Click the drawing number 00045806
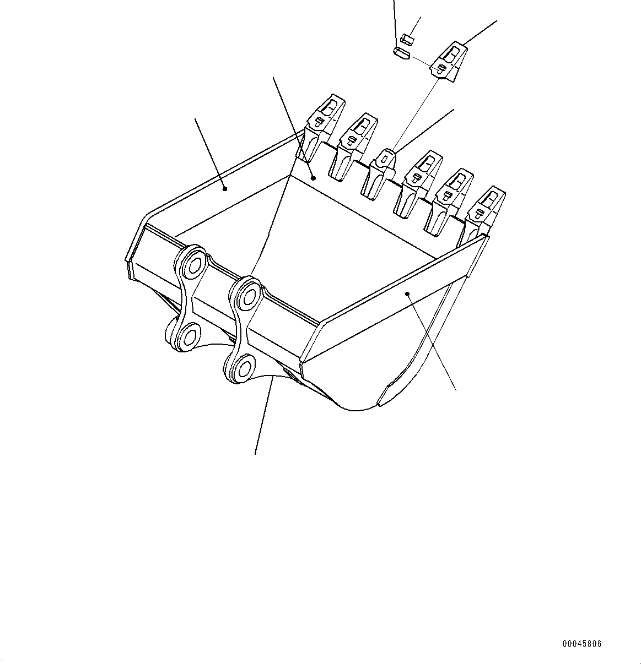(582, 644)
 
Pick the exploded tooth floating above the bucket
(450, 62)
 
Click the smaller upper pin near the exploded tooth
(407, 39)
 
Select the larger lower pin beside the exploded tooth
(401, 53)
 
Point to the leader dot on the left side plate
(225, 189)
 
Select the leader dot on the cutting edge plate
(313, 178)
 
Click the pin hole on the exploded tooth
(441, 68)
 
